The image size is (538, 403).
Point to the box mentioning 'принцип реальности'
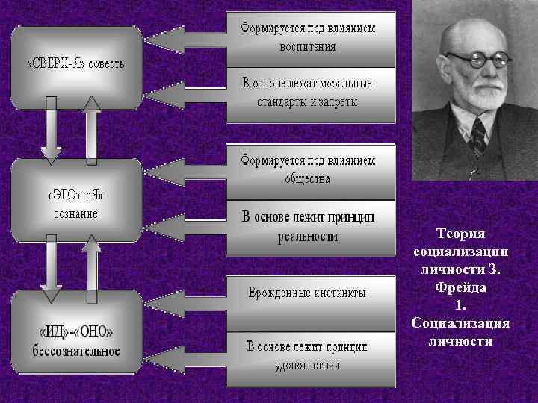tap(309, 227)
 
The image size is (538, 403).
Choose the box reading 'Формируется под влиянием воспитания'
tap(309, 36)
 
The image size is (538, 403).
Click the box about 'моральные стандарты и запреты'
tap(309, 93)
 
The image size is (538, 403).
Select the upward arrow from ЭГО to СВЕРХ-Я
tap(92, 131)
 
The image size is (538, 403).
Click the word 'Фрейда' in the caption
tap(460, 287)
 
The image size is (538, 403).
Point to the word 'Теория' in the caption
tap(460, 234)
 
